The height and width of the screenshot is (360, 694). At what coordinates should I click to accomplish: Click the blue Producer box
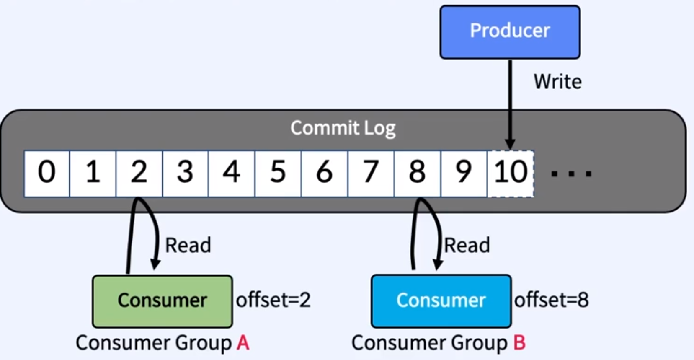[x=510, y=32]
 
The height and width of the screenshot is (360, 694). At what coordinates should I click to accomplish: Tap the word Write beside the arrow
[x=558, y=82]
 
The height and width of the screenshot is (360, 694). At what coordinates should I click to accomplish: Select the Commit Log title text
[x=343, y=128]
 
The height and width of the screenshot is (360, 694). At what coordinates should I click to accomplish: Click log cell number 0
[x=47, y=174]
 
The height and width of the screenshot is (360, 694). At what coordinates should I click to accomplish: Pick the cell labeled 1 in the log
[x=93, y=174]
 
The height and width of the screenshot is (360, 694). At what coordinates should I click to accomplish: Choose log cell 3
[x=185, y=174]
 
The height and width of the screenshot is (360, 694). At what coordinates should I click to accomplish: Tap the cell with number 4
[x=232, y=174]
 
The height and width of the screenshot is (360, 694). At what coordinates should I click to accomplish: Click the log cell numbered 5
[x=278, y=174]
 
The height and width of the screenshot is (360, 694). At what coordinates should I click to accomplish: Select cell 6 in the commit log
[x=324, y=174]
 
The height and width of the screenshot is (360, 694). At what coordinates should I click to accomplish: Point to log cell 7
[x=371, y=174]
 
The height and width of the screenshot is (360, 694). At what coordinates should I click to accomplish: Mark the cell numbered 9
[x=464, y=174]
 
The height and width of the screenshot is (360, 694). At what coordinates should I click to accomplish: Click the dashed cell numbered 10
[x=511, y=174]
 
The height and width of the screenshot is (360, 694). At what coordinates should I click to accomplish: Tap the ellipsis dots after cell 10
[x=572, y=174]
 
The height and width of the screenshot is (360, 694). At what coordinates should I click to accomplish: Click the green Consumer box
[x=163, y=301]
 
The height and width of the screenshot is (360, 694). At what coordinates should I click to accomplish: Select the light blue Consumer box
[x=441, y=301]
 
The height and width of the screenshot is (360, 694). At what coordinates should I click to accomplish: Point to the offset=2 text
[x=273, y=300]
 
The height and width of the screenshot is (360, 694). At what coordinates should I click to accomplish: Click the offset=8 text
[x=552, y=300]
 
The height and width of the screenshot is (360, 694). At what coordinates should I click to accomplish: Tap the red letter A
[x=243, y=343]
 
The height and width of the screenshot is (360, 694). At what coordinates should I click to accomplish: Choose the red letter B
[x=520, y=343]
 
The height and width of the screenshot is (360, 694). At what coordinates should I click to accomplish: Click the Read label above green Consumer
[x=188, y=245]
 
